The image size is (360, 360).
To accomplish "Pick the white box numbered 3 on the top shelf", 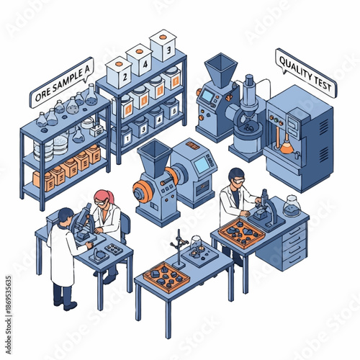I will click(163, 47).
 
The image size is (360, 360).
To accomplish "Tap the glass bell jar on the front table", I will click(197, 248).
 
